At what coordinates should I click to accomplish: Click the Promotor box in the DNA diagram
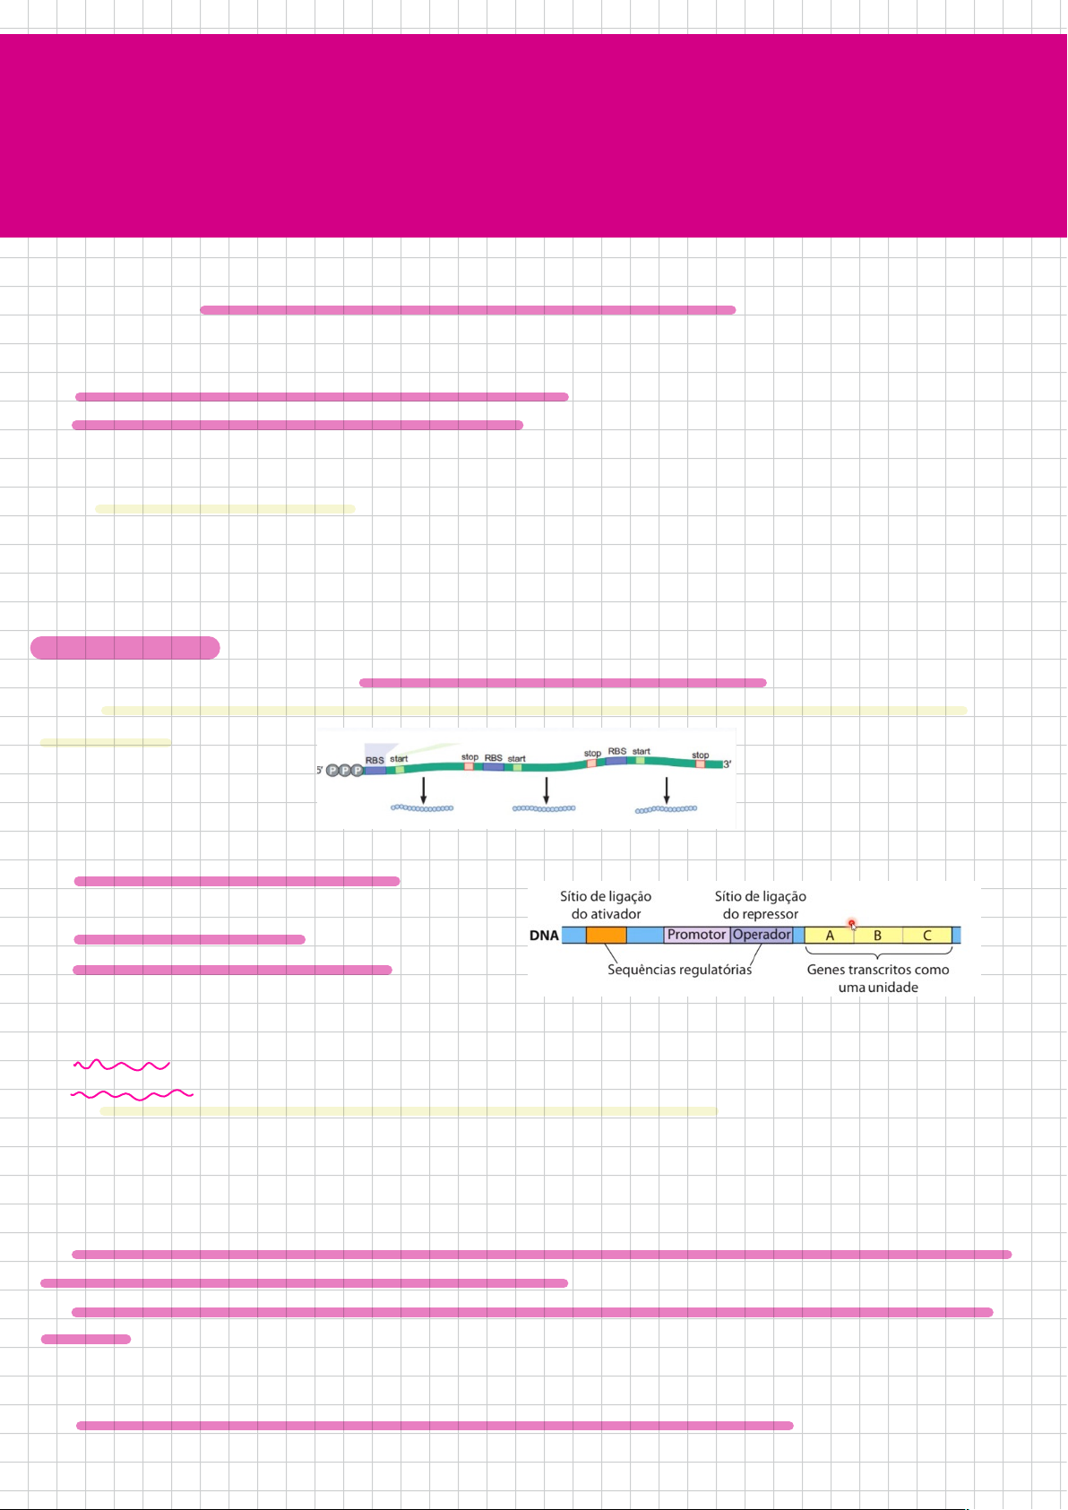(x=696, y=935)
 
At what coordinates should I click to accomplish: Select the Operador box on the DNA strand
(x=762, y=935)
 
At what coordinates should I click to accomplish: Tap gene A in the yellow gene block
(x=830, y=936)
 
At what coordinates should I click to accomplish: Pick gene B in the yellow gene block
(x=877, y=936)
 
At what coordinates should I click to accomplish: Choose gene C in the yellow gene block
(x=927, y=936)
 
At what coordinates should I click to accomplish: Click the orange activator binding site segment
(x=607, y=935)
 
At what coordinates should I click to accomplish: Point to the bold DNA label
(x=544, y=936)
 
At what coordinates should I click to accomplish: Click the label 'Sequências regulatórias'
(x=679, y=970)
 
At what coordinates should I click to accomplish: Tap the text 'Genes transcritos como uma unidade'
(x=878, y=979)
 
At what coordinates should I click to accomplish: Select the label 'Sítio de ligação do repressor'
(x=760, y=905)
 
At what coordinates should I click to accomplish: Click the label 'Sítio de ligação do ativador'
(x=606, y=905)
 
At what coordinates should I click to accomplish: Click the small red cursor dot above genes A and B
(x=851, y=923)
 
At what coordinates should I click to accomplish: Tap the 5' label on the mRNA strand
(x=320, y=770)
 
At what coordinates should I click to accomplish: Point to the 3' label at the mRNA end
(x=728, y=764)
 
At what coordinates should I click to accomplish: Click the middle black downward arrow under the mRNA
(x=546, y=790)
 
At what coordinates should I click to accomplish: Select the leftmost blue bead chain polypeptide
(x=422, y=808)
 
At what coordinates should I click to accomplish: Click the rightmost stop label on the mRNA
(x=701, y=755)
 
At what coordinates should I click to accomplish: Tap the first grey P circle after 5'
(x=332, y=770)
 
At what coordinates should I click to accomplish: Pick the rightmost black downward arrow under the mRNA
(x=667, y=790)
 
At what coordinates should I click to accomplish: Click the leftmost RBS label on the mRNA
(x=375, y=760)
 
